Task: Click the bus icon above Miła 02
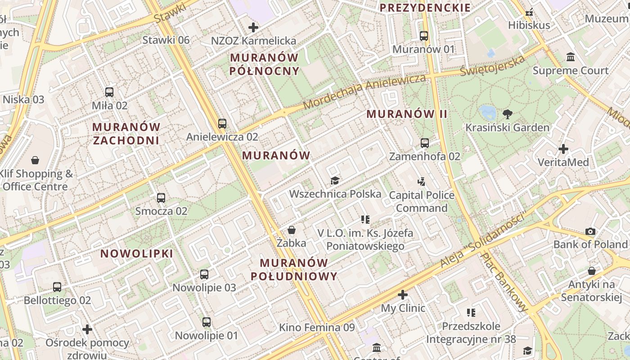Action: (109, 92)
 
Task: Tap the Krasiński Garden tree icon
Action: (508, 114)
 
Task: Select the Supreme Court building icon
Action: (571, 57)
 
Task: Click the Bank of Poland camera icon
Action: (590, 231)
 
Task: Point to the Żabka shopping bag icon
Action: (292, 230)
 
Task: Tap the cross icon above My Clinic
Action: (403, 295)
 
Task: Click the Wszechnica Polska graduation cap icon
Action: (335, 180)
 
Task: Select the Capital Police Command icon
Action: (422, 182)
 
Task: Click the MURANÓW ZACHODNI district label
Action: (126, 133)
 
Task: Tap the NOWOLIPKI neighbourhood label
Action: (137, 253)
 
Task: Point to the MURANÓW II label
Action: (407, 114)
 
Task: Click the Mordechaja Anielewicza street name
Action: (364, 91)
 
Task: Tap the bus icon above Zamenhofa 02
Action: (425, 143)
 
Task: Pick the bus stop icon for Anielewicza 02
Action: (222, 123)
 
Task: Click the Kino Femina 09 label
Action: (317, 327)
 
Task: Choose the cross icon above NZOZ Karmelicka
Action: (253, 27)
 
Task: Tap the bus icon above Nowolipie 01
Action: (207, 322)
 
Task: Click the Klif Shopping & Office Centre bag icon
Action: (35, 160)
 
